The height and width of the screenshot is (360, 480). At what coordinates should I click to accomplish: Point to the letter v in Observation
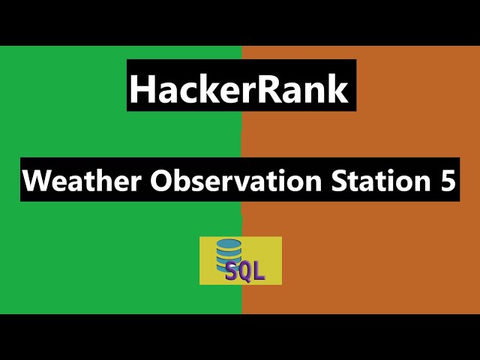pyautogui.click(x=218, y=183)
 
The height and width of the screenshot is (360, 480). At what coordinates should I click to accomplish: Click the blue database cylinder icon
pyautogui.click(x=229, y=255)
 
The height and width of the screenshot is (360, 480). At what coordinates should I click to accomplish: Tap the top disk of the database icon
pyautogui.click(x=229, y=244)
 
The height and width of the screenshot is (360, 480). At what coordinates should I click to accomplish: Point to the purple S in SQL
pyautogui.click(x=232, y=271)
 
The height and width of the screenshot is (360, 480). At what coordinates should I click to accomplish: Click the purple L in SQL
pyautogui.click(x=258, y=270)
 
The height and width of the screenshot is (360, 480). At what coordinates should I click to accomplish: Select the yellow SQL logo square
pyautogui.click(x=241, y=260)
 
